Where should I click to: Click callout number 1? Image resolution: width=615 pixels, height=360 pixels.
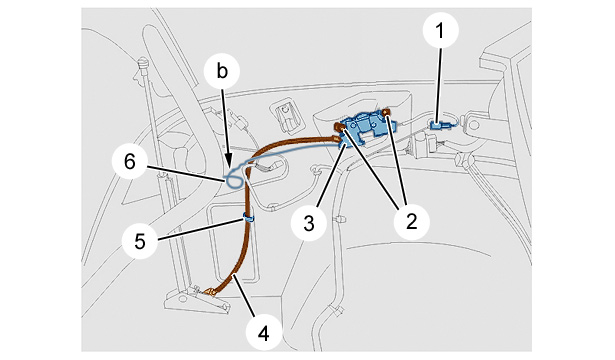440,30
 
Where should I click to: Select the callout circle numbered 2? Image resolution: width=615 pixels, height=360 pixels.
411,222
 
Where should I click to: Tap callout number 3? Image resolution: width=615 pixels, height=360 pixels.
309,223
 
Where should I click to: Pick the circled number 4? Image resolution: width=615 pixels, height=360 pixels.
263,334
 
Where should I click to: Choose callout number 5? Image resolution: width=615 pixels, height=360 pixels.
140,241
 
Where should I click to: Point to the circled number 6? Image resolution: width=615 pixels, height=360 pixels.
130,162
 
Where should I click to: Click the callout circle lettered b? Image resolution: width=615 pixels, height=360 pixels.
222,71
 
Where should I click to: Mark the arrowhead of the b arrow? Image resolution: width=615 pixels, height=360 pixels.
228,164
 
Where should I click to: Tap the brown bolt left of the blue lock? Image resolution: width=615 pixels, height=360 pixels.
339,126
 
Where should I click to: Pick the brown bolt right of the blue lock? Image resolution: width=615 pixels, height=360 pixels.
386,113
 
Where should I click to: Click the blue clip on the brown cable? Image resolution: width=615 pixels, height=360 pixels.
249,217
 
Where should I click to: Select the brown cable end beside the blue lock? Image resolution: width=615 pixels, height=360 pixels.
336,138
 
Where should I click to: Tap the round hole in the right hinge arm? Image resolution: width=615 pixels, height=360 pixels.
474,125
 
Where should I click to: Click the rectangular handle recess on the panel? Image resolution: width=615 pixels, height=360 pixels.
287,115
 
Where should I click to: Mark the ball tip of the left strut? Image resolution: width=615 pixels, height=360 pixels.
143,62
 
